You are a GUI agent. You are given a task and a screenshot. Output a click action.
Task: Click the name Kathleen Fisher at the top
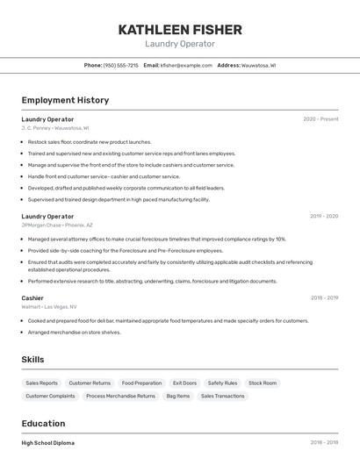point(180,30)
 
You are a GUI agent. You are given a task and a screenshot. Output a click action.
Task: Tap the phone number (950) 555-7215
point(120,65)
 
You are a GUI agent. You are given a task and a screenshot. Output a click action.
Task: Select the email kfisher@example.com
point(186,65)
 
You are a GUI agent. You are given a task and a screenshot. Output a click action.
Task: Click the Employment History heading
point(65,100)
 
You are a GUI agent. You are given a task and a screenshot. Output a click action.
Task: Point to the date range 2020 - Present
point(320,119)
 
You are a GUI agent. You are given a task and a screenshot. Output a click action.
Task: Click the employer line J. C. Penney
point(55,128)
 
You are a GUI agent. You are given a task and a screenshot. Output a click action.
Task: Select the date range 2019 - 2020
point(323,216)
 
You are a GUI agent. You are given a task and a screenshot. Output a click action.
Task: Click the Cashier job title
point(32,298)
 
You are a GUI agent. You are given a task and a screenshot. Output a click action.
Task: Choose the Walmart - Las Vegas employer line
point(49,307)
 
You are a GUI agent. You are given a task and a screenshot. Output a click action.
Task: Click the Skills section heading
point(32,359)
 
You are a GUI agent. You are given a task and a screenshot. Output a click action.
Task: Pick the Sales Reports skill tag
point(41,383)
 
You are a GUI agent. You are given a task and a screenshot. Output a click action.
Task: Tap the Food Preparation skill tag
point(141,383)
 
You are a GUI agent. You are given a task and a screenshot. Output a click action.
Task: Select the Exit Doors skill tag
point(184,383)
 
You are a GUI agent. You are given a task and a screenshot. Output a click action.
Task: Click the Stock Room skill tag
point(263,383)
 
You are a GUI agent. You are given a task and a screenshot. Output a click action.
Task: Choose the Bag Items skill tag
point(177,397)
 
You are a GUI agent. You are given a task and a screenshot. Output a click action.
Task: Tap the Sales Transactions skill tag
point(222,397)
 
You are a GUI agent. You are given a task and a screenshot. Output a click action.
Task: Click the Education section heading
point(43,424)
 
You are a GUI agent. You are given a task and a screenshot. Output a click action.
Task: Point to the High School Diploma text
point(48,443)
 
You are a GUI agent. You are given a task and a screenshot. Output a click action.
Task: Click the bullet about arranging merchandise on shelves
point(74,333)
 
